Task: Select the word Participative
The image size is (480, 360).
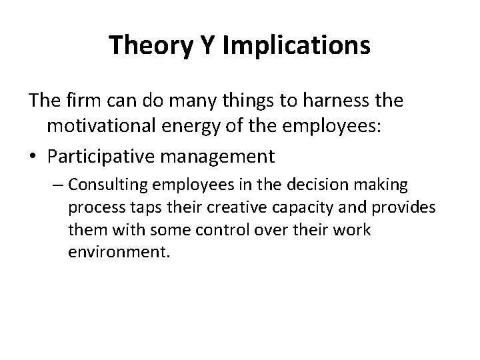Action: (x=101, y=157)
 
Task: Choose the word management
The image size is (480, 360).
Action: (x=218, y=157)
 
